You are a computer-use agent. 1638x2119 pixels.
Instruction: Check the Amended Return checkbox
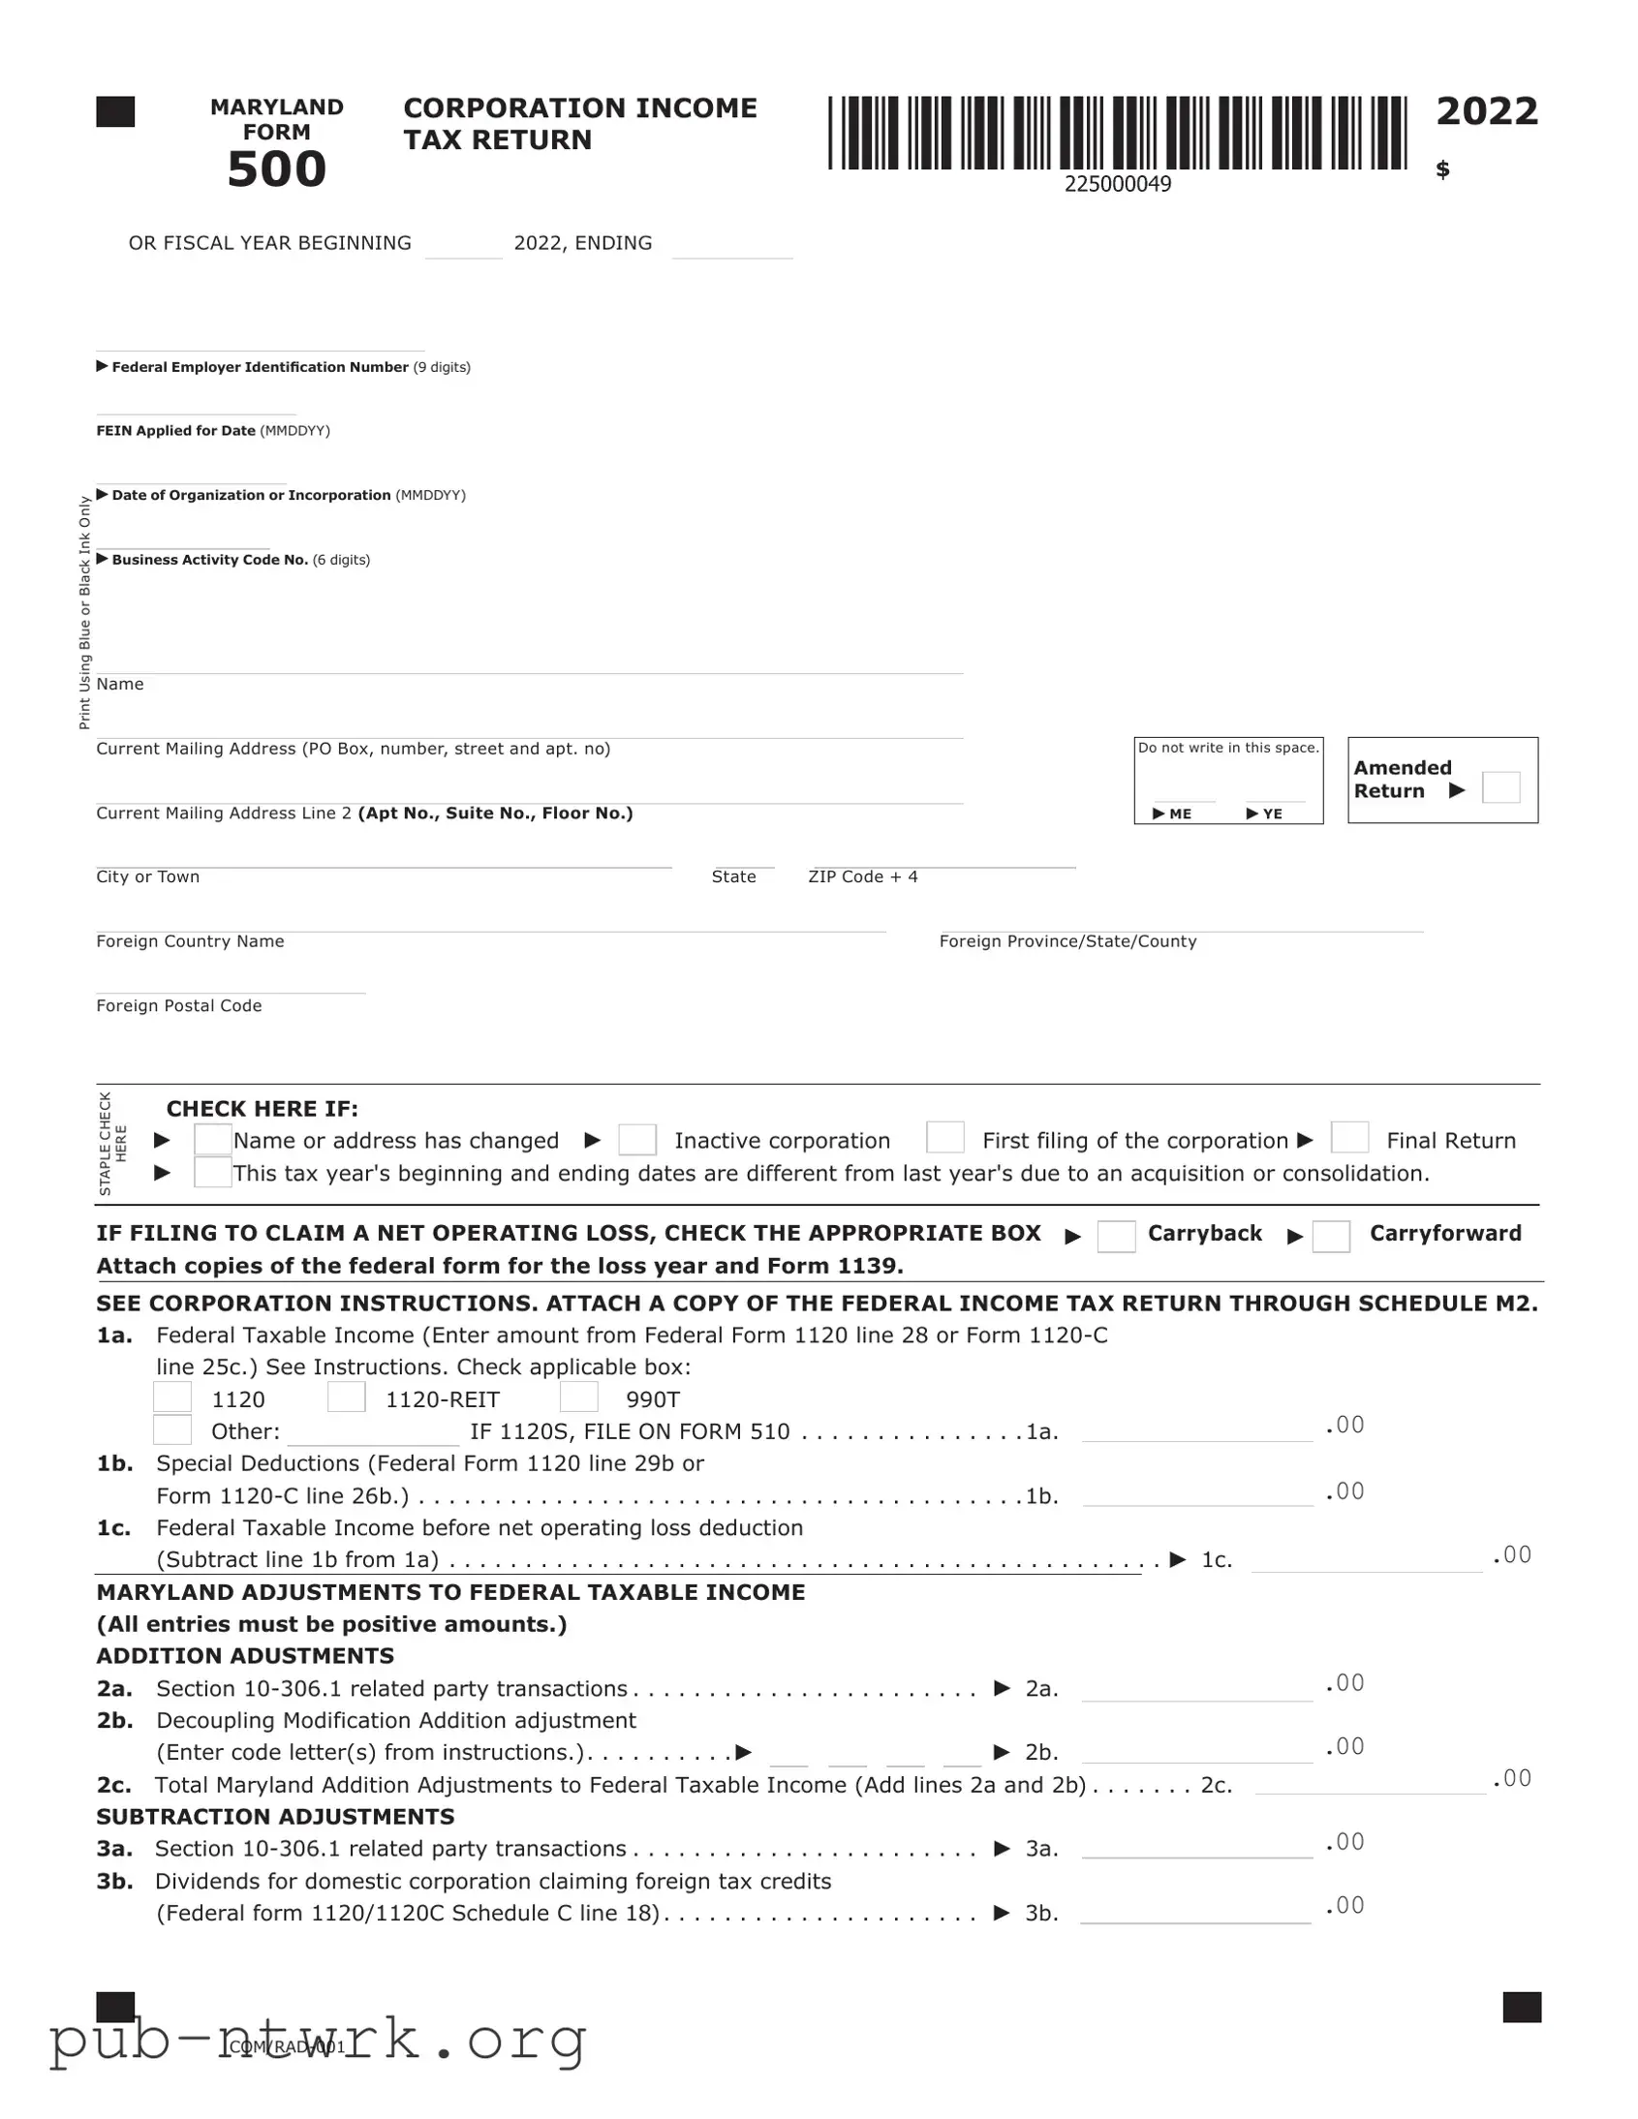point(1500,786)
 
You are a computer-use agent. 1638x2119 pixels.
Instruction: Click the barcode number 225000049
point(1117,184)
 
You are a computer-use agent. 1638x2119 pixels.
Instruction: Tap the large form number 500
point(277,169)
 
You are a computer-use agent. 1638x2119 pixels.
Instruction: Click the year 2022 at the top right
point(1487,111)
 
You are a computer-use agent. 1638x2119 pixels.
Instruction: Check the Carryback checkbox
point(1116,1236)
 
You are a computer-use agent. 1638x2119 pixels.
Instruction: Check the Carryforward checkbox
point(1330,1236)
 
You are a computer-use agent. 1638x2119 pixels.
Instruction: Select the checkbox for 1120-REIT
point(347,1397)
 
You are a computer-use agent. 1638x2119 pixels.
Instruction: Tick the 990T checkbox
point(578,1397)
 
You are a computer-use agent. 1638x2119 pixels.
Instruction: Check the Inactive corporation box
point(636,1139)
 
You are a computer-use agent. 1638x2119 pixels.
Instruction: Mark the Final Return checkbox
point(1348,1137)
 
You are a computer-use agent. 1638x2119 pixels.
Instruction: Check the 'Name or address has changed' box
point(212,1139)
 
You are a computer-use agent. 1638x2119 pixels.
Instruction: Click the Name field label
point(120,684)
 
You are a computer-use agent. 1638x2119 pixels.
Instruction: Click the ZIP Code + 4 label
point(863,877)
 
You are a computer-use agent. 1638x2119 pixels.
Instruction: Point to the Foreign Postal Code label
point(178,1006)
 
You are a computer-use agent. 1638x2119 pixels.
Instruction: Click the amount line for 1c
point(1366,1560)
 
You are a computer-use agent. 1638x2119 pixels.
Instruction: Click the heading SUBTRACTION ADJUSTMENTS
point(276,1816)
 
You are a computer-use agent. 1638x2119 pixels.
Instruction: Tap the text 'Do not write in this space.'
point(1228,748)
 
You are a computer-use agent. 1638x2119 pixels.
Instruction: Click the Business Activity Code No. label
point(209,560)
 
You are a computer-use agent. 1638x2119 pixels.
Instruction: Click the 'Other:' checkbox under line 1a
point(172,1429)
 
